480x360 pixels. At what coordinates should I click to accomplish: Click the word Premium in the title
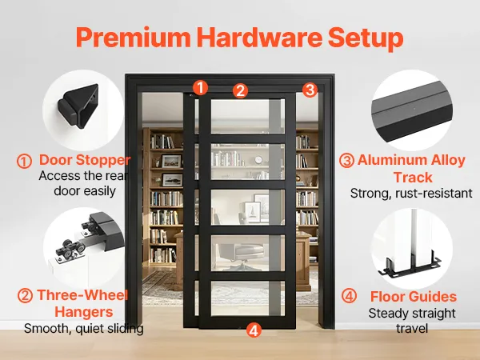134,38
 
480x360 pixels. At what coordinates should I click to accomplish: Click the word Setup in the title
366,38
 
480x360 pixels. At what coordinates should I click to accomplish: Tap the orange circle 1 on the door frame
200,87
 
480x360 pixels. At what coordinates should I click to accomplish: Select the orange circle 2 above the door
240,90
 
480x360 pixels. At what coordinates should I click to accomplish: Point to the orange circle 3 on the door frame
310,90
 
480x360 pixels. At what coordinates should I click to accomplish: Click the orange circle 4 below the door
254,330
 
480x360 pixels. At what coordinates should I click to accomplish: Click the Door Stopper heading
85,160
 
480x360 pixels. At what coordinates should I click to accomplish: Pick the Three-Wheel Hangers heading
82,303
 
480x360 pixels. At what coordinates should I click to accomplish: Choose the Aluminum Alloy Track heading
412,168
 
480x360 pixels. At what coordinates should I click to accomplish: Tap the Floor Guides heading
414,296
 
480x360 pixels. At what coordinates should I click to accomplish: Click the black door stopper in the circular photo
78,106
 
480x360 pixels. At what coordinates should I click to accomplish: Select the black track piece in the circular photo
413,111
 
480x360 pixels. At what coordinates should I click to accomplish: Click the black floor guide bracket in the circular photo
410,266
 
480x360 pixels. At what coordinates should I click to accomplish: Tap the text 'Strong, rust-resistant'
411,194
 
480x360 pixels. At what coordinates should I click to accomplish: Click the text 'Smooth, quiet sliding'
83,329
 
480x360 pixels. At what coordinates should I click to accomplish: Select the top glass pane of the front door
248,116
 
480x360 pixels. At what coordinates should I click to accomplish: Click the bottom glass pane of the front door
248,298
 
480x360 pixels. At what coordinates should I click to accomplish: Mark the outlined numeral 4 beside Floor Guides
349,296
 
